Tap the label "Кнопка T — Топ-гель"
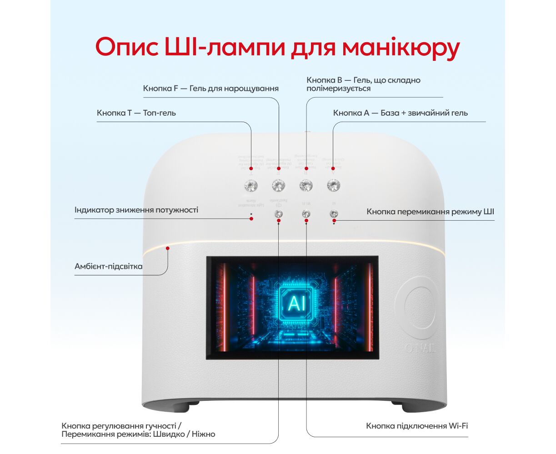136,113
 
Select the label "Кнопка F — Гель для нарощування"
210,89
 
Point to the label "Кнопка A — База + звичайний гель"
400,113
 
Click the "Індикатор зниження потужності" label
136,210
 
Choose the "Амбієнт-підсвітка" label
108,266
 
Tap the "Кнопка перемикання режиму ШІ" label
430,212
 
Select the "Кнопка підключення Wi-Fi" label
417,426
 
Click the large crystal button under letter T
251,185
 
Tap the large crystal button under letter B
306,185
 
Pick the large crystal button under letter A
334,185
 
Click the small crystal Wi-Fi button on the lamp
306,214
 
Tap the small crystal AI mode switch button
334,214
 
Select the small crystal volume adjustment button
279,214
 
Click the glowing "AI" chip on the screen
296,302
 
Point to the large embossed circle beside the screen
417,308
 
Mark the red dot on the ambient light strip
168,248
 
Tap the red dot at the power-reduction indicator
251,219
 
